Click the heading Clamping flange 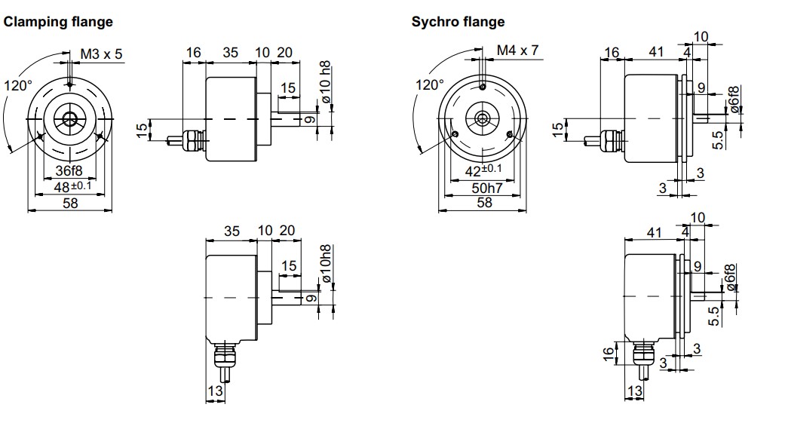click(x=59, y=22)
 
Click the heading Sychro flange click(x=458, y=22)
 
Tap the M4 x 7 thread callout click(x=518, y=51)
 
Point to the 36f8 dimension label click(x=69, y=171)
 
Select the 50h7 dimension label click(x=485, y=187)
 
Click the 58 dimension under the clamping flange click(x=70, y=203)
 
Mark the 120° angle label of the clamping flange click(x=18, y=85)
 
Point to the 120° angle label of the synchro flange click(x=430, y=84)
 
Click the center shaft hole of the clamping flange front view click(x=70, y=118)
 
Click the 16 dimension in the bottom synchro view click(x=609, y=354)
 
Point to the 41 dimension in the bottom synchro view click(x=654, y=232)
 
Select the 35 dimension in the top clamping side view click(x=231, y=53)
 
